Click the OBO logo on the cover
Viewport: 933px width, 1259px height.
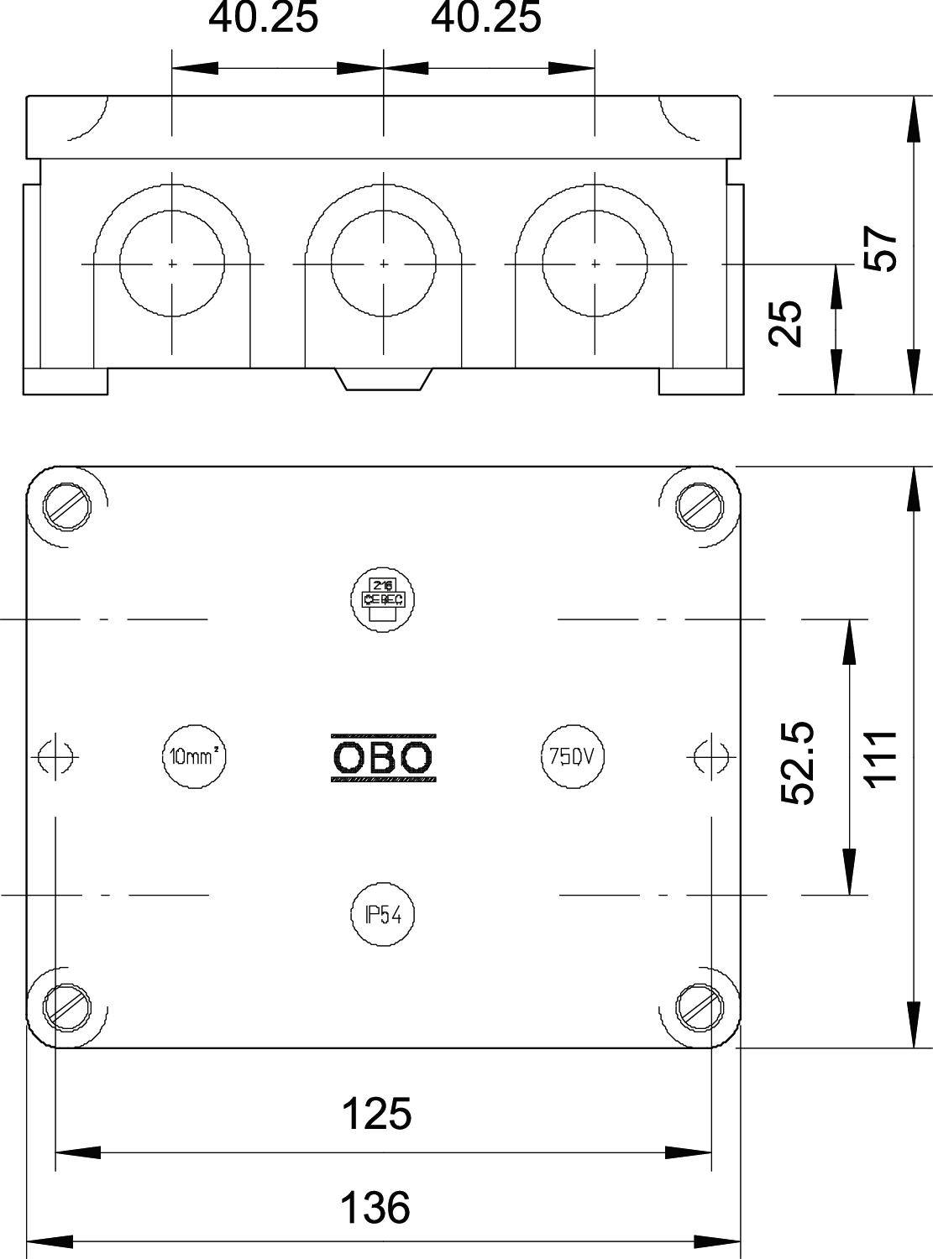[384, 758]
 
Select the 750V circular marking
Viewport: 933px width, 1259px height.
[572, 756]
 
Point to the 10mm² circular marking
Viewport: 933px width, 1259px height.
[195, 756]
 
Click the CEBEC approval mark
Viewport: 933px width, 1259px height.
[383, 598]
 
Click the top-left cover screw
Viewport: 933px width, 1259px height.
[66, 505]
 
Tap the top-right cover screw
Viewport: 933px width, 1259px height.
[700, 505]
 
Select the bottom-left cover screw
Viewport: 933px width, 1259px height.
[66, 1005]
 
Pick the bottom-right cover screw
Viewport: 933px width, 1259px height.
[700, 1005]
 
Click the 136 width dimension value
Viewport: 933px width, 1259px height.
[375, 1208]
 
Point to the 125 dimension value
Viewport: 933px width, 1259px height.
[376, 1115]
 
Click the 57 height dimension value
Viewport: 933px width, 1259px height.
[881, 248]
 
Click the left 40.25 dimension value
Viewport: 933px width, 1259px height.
[264, 18]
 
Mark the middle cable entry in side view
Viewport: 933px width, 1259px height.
[384, 264]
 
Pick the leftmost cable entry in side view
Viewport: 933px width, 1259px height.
[172, 264]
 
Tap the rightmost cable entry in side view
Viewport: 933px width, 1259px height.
[595, 264]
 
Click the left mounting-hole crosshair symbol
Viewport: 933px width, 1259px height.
[55, 757]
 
